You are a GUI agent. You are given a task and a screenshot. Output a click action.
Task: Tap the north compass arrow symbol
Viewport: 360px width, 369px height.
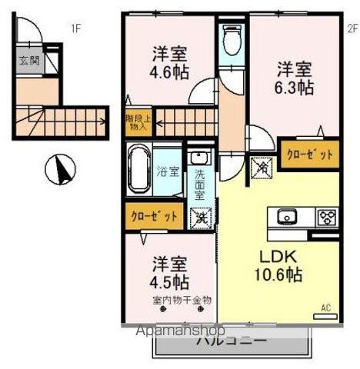click(x=57, y=170)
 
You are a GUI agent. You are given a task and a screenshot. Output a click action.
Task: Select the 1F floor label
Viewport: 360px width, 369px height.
click(x=76, y=30)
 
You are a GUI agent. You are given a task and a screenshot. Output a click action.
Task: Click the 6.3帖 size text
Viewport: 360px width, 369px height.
click(x=295, y=87)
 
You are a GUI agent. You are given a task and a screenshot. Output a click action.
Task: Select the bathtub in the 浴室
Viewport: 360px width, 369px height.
click(x=139, y=172)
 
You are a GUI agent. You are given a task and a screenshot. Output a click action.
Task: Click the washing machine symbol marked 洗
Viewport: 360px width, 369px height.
click(x=199, y=217)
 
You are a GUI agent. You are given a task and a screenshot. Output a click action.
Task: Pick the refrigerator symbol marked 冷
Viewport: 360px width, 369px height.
click(x=261, y=165)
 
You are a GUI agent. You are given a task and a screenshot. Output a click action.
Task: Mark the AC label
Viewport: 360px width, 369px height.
click(x=325, y=308)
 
